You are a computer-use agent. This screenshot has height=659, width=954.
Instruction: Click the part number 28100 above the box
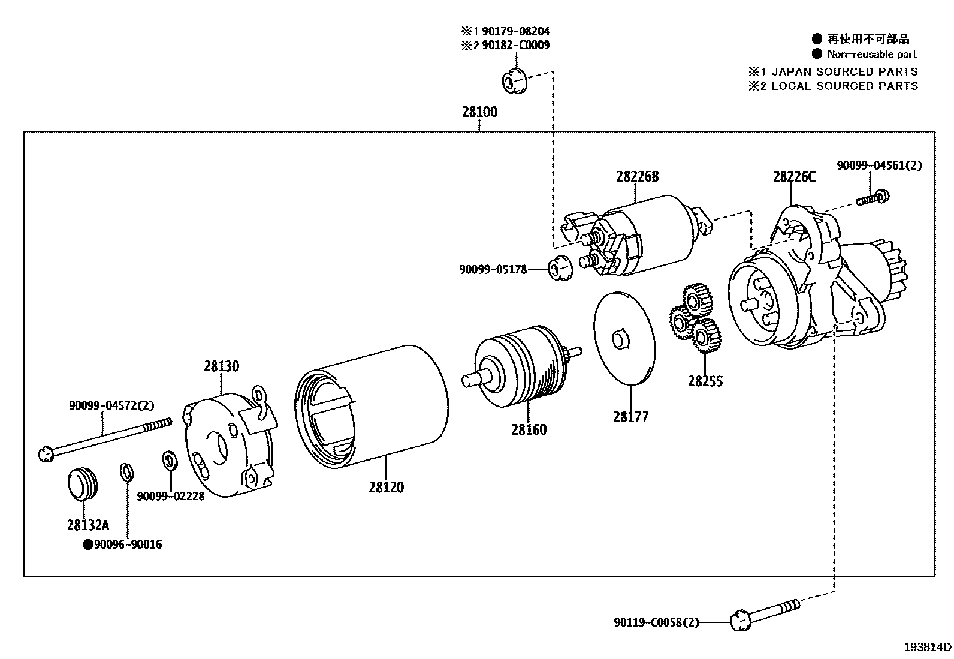479,112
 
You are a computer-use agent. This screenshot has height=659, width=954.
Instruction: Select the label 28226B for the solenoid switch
637,177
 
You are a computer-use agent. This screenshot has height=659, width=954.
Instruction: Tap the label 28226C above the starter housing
794,177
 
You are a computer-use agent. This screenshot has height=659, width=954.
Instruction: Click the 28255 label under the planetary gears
705,381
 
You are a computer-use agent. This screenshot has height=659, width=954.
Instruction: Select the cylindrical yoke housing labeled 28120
372,408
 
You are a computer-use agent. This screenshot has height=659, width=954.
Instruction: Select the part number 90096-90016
128,544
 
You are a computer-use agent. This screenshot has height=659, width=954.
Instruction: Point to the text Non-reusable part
871,54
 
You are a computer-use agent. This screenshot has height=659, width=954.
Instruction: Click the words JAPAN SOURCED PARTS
844,71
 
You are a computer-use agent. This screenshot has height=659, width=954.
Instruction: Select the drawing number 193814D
927,647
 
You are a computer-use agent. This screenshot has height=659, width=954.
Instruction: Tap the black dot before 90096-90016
87,544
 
